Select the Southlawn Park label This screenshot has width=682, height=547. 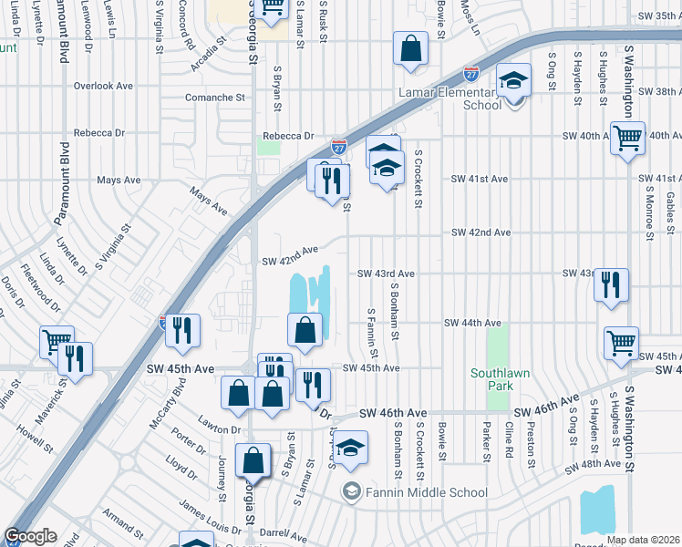coord(492,379)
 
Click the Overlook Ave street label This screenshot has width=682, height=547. coord(104,86)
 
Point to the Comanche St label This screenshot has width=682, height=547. coord(216,97)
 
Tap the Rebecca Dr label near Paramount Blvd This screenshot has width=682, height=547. coord(99,132)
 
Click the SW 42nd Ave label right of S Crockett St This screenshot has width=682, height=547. coord(480,232)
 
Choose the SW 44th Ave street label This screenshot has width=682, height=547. coord(472,323)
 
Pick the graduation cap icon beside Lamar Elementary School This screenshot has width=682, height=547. coord(514,82)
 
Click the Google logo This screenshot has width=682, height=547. coord(30,537)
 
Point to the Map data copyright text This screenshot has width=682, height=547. coord(643,540)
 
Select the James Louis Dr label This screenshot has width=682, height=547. coord(210,518)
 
